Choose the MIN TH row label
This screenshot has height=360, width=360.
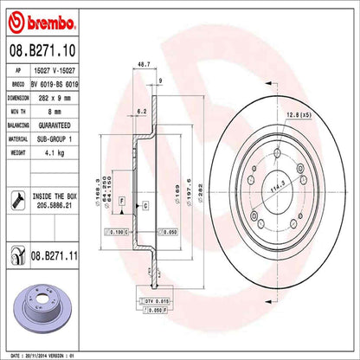(x=19, y=110)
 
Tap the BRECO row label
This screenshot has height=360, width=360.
(x=18, y=85)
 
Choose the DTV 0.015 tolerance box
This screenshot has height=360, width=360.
(x=153, y=299)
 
